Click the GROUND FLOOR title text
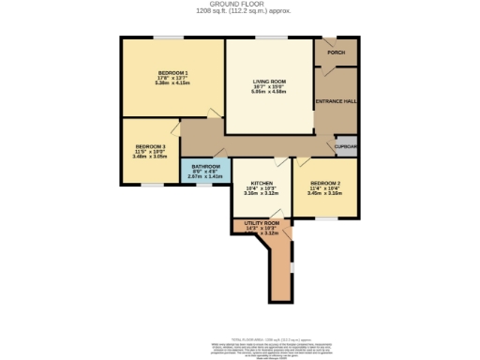(x=240, y=5)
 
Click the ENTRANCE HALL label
(x=335, y=100)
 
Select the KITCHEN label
(x=262, y=183)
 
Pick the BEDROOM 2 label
(x=325, y=183)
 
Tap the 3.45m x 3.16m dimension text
(x=325, y=194)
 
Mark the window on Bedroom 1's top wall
(x=169, y=37)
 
